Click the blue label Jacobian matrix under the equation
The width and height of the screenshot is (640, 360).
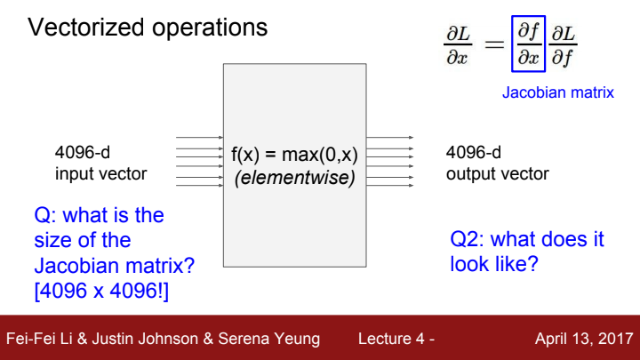click(x=558, y=92)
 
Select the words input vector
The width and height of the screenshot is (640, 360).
click(x=100, y=172)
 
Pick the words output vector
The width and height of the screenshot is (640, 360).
click(x=498, y=172)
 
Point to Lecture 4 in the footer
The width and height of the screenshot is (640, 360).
click(x=392, y=339)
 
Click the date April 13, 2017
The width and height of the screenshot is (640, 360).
click(x=583, y=339)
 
